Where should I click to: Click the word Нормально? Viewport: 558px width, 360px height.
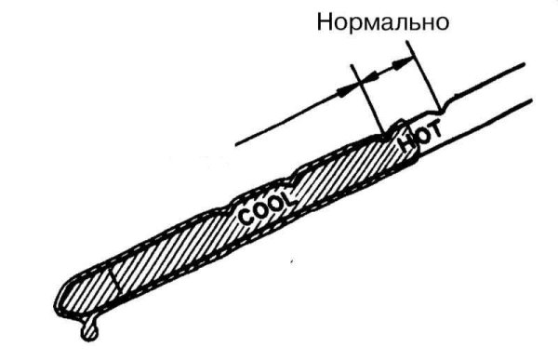click(383, 20)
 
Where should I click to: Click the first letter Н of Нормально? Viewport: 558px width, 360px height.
click(325, 20)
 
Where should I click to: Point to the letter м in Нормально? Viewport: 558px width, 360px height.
click(370, 22)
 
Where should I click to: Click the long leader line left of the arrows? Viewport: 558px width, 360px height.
click(288, 121)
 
